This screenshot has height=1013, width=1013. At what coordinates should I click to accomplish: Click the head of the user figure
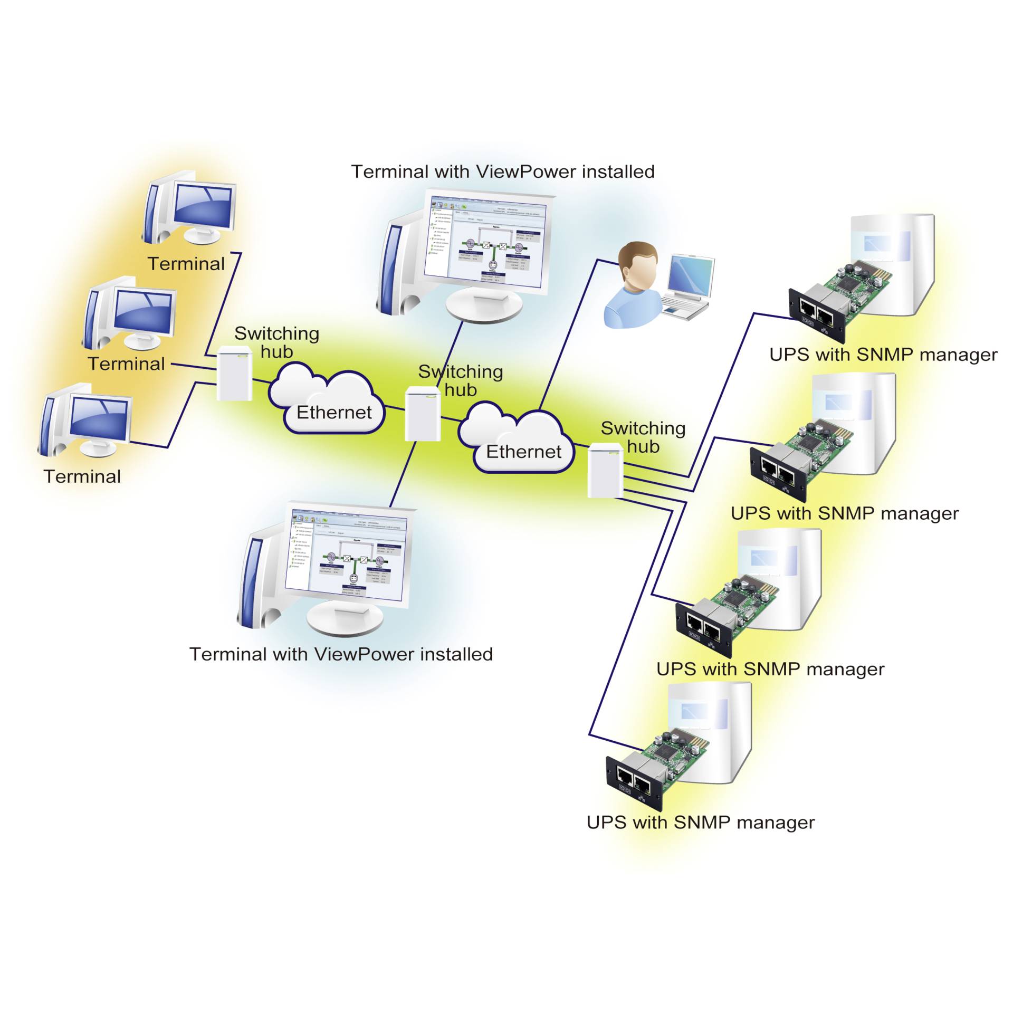tap(638, 266)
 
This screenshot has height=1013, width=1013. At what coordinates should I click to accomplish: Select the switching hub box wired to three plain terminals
tap(235, 374)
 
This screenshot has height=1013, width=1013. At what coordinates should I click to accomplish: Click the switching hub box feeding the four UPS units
tap(605, 471)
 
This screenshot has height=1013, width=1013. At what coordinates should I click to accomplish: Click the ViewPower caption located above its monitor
tap(502, 172)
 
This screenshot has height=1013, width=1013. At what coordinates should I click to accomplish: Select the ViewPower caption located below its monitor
tap(341, 654)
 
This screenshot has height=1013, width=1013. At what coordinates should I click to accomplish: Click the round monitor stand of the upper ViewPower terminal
tap(484, 306)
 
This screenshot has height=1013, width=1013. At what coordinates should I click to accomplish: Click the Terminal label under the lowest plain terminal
tap(82, 476)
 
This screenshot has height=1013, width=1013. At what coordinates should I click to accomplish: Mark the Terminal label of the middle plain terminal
tap(127, 364)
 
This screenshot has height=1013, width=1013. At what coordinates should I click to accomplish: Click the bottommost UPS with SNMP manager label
tap(700, 823)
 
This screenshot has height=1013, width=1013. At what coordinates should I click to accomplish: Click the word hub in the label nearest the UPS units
tap(643, 447)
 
